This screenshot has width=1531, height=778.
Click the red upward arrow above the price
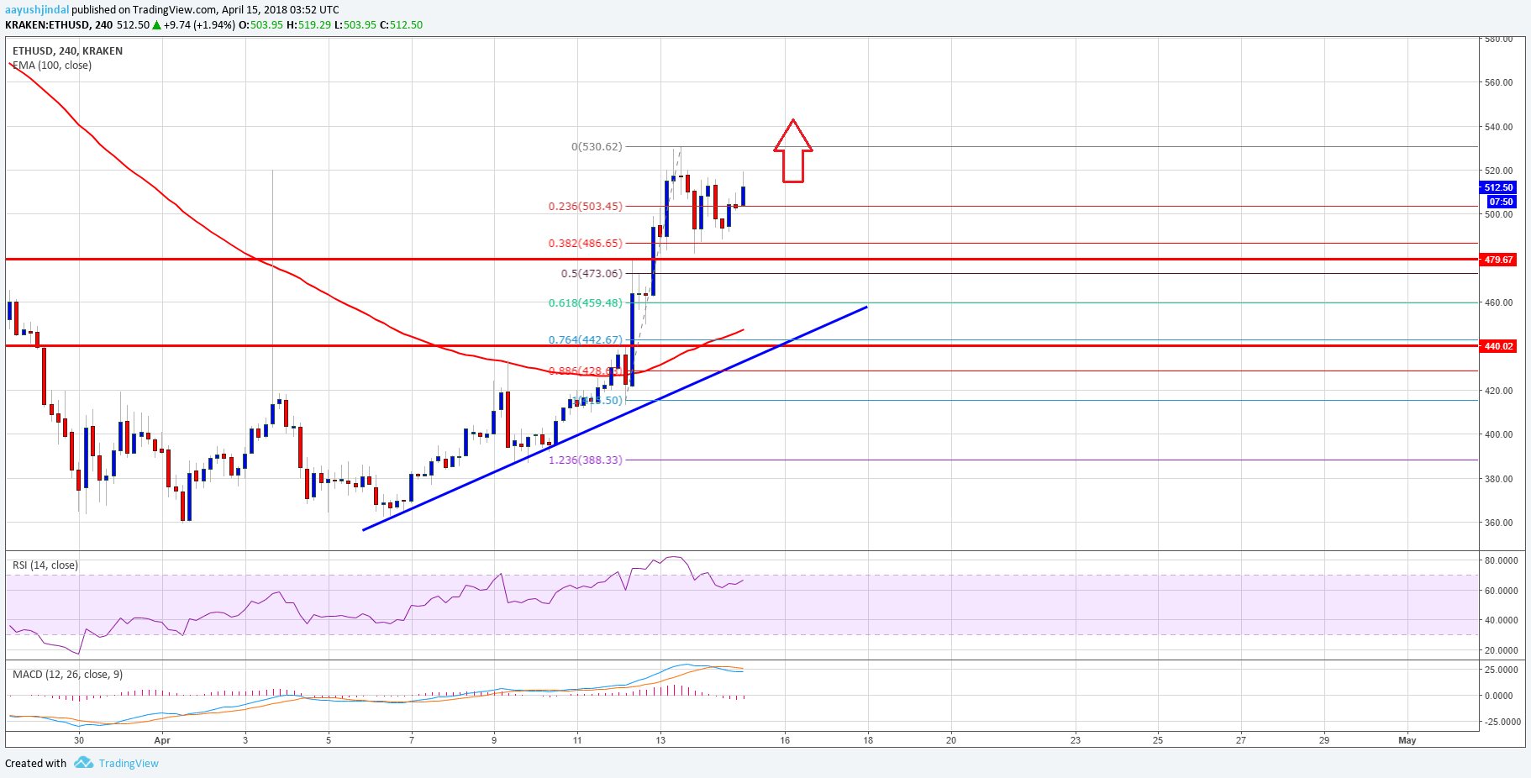coord(792,152)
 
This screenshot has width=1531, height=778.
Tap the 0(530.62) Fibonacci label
coord(597,147)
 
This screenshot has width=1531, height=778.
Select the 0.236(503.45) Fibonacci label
coord(585,207)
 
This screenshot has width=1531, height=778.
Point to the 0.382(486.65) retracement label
coord(585,244)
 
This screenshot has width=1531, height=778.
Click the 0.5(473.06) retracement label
coord(592,274)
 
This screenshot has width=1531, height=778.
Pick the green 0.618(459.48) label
coord(585,303)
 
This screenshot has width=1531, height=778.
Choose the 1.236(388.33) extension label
coord(585,460)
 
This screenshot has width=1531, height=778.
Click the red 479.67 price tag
coord(1498,260)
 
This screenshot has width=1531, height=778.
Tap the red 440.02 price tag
coord(1498,346)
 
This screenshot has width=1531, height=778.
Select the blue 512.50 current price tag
coord(1498,188)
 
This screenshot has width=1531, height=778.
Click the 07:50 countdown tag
coord(1501,202)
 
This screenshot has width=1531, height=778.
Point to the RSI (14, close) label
coord(45,565)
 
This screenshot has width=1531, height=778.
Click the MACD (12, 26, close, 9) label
coord(67,675)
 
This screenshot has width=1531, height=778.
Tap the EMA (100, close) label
coord(52,66)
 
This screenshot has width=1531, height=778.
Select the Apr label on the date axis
coord(162,740)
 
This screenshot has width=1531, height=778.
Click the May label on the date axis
coord(1407,740)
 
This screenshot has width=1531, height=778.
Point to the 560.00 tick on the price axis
coord(1498,83)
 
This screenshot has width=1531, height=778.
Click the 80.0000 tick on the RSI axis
coord(1502,560)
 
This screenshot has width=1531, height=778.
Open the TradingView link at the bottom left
coord(128,763)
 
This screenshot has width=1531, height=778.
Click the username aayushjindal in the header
coord(37,10)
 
